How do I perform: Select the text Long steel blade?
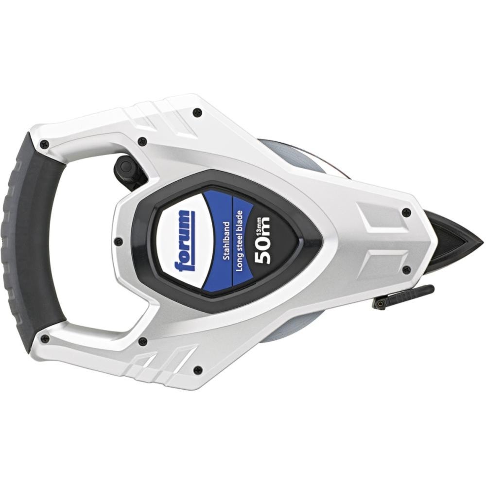pos(239,241)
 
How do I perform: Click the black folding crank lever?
pos(402,296)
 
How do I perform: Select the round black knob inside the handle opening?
pos(125,166)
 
